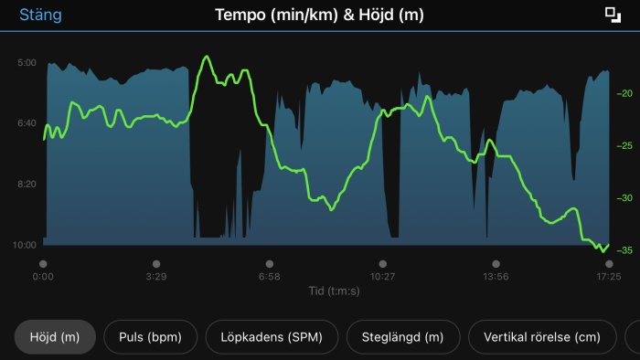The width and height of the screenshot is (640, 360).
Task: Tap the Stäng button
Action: (x=40, y=15)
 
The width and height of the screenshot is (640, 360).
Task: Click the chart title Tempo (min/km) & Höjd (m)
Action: (x=319, y=15)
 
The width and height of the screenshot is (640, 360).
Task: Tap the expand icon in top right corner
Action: (x=612, y=14)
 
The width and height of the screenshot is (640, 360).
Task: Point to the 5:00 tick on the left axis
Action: (x=27, y=63)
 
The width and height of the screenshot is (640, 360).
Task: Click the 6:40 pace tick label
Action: (x=27, y=123)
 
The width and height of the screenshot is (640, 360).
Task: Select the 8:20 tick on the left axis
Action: (x=27, y=184)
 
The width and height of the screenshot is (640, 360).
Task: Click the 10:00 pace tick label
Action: (x=26, y=245)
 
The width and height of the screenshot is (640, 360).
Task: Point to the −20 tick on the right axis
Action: (x=625, y=94)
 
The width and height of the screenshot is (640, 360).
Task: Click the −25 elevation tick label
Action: (x=625, y=146)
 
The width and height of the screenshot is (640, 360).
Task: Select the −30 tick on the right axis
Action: (x=625, y=198)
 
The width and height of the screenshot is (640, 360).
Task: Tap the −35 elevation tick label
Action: (x=625, y=250)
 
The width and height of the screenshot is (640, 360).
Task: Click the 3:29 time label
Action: (x=156, y=276)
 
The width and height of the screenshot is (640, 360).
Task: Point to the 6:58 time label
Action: (x=269, y=276)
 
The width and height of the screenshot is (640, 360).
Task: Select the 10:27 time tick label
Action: (x=382, y=276)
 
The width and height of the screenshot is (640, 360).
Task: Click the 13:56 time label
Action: (x=496, y=276)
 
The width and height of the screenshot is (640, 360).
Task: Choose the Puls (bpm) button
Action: (x=150, y=337)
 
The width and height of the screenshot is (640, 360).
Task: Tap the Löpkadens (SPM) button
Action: (x=272, y=337)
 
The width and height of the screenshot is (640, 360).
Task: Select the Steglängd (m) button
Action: (x=402, y=337)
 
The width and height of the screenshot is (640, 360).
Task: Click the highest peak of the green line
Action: (x=207, y=57)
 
